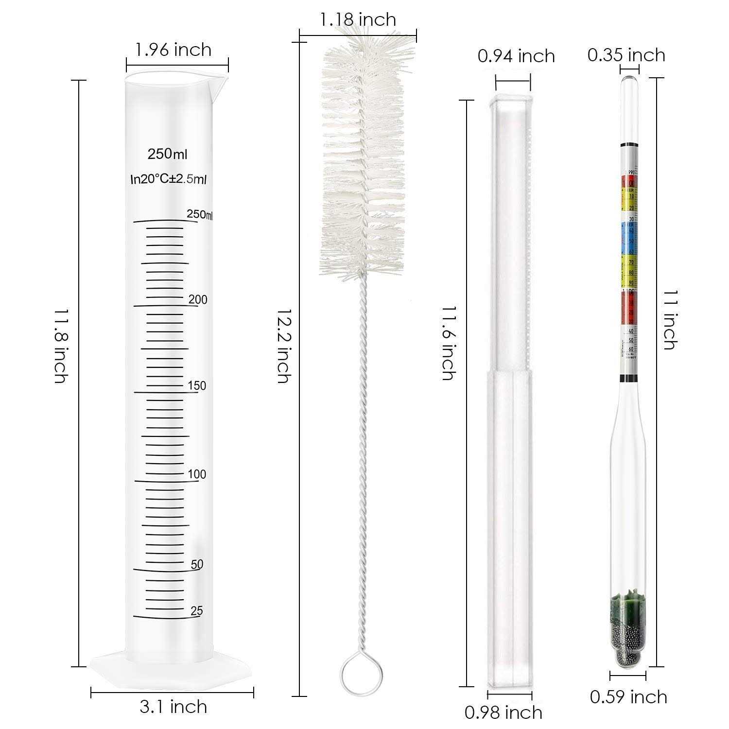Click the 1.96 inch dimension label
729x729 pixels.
click(173, 50)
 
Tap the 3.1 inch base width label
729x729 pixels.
click(173, 706)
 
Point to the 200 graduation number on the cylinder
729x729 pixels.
click(198, 299)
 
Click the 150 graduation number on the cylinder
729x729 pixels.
click(197, 386)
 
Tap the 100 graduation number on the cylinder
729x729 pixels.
click(197, 474)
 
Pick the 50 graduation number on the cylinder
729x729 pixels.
click(197, 564)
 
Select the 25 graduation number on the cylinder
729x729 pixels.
click(197, 611)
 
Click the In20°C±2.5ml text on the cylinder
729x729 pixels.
click(169, 179)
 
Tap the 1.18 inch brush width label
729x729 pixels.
click(358, 19)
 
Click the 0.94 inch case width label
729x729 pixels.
click(516, 56)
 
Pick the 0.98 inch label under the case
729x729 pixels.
click(503, 712)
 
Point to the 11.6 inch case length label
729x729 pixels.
click(448, 343)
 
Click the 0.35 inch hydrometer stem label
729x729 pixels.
click(626, 55)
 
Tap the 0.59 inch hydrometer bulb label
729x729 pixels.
click(628, 697)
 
